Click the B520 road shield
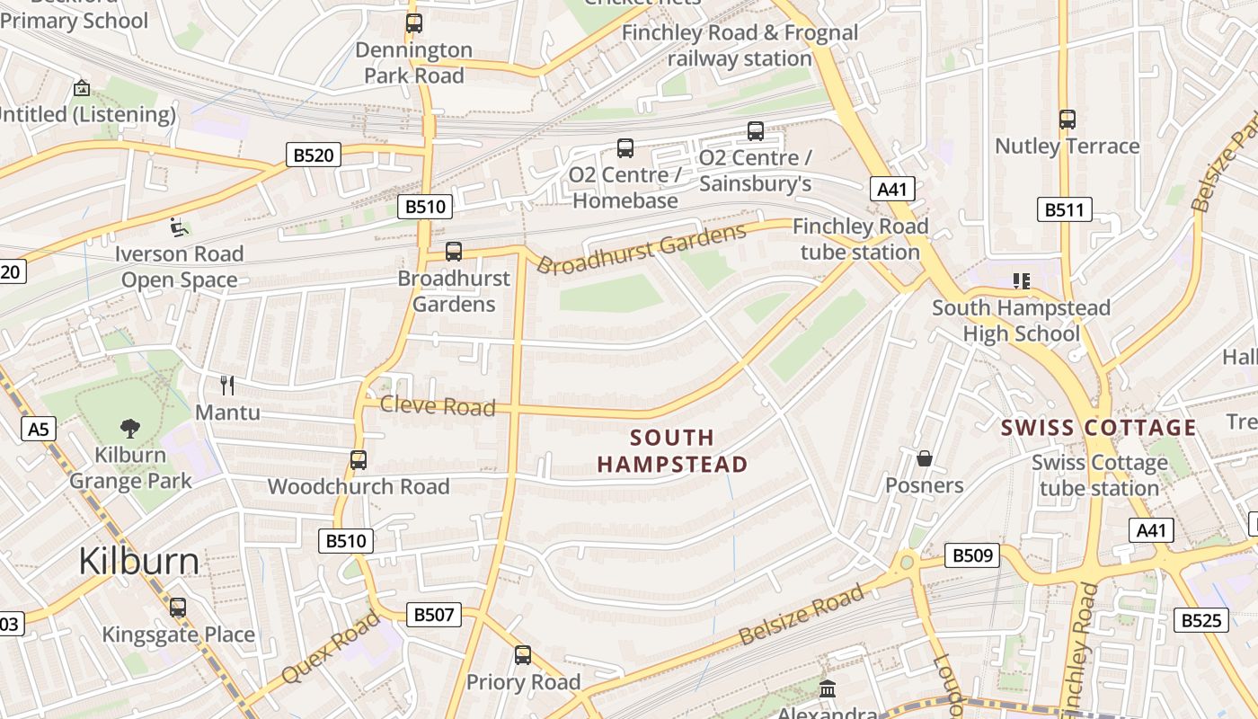pyautogui.click(x=313, y=155)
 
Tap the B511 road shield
pyautogui.click(x=1064, y=210)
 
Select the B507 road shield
pyautogui.click(x=435, y=615)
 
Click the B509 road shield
pyautogui.click(x=972, y=555)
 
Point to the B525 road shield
pyautogui.click(x=1200, y=620)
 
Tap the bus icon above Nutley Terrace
pyautogui.click(x=1067, y=119)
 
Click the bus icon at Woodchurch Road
pyautogui.click(x=358, y=460)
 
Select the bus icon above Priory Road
pyautogui.click(x=523, y=655)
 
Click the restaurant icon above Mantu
pyautogui.click(x=227, y=386)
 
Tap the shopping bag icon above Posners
pyautogui.click(x=924, y=459)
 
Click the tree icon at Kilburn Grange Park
pyautogui.click(x=130, y=428)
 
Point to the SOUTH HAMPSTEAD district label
pyautogui.click(x=672, y=451)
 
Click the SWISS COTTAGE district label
pyautogui.click(x=1099, y=428)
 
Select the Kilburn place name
pyautogui.click(x=138, y=561)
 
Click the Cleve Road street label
pyautogui.click(x=438, y=406)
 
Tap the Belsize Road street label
pyautogui.click(x=802, y=615)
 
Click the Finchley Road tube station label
pyautogui.click(x=860, y=239)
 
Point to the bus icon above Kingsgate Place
pyautogui.click(x=178, y=608)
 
